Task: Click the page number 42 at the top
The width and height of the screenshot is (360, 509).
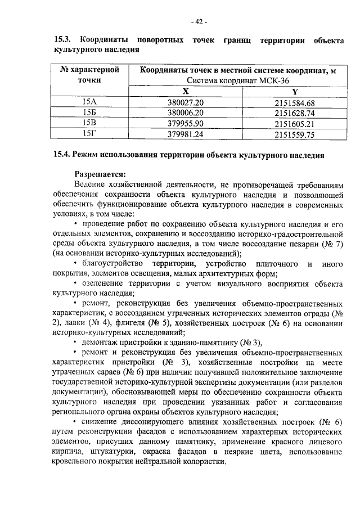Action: [x=199, y=22]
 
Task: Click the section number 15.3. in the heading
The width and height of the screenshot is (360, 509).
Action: [x=62, y=40]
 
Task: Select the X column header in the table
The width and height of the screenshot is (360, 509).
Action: [x=185, y=92]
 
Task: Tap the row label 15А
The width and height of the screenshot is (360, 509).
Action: [x=89, y=102]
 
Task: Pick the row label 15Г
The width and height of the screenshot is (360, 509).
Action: [x=89, y=134]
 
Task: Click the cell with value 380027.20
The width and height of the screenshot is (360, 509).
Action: [x=185, y=102]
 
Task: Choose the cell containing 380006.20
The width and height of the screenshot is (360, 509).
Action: [x=185, y=112]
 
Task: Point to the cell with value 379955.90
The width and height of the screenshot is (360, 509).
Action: [x=185, y=123]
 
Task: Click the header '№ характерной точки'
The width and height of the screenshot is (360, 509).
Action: [x=90, y=75]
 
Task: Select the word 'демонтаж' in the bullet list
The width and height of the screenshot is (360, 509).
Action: [x=99, y=343]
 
